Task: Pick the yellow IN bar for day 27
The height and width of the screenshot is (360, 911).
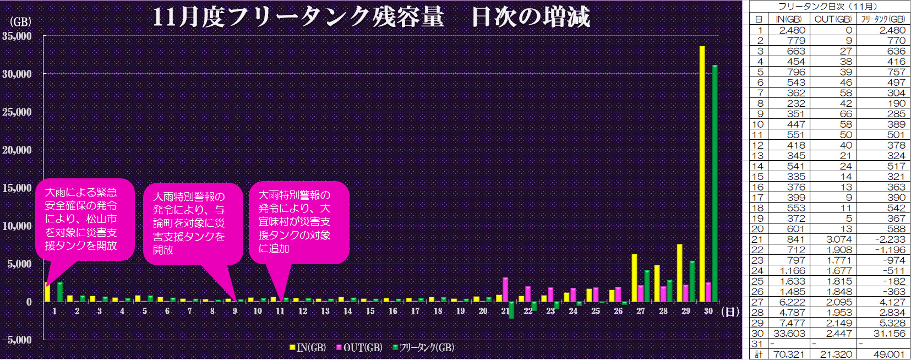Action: click(x=634, y=278)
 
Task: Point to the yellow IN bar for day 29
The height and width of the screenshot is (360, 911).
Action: click(x=679, y=273)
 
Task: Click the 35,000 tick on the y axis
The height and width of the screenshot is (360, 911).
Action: click(x=17, y=36)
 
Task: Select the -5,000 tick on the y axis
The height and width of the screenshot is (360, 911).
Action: click(x=17, y=340)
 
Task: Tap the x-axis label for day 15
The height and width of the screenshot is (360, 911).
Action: click(x=370, y=311)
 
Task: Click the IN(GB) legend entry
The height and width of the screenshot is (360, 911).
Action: click(x=308, y=348)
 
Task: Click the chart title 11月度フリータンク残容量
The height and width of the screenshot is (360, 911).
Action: click(x=298, y=17)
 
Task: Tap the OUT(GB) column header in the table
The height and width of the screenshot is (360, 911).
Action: click(x=833, y=19)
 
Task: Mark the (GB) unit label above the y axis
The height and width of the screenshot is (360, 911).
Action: click(x=20, y=22)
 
